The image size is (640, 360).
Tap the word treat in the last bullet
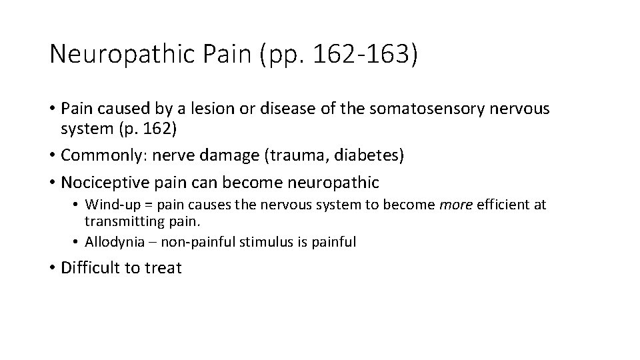point(163,268)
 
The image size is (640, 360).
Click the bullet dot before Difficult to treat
point(53,269)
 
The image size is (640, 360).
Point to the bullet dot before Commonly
point(53,155)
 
